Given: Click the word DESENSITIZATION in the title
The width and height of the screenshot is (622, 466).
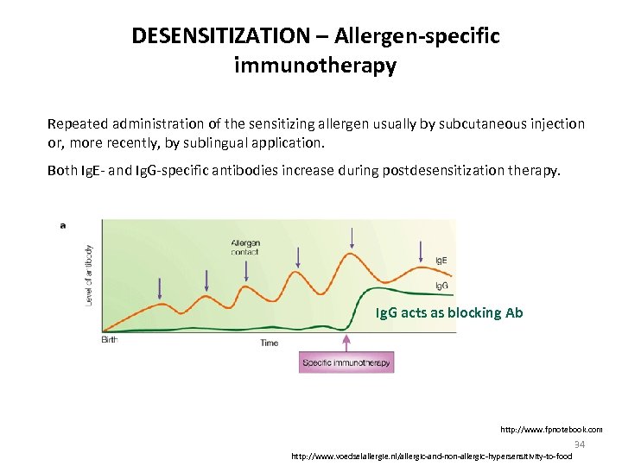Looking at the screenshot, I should point(220,36).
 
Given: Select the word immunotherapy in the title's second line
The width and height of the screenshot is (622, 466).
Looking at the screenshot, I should point(314,66).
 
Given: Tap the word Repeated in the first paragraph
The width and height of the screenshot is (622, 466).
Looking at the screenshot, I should point(79,124).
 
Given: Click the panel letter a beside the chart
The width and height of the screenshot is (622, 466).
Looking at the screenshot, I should point(63,225).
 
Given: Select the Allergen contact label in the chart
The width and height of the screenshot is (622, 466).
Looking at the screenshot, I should point(245,247).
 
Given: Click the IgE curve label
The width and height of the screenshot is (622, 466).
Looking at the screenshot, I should point(441,259).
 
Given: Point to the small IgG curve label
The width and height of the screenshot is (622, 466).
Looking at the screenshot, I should point(441,286).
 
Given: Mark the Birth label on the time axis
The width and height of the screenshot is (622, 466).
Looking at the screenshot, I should point(110,340).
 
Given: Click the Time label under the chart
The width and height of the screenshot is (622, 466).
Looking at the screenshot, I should point(270,343).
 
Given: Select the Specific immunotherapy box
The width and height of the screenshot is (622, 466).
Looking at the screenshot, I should point(346,362).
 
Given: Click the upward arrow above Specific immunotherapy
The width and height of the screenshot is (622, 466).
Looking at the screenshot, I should point(346,342).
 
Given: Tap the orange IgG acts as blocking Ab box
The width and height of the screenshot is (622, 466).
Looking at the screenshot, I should point(449,312).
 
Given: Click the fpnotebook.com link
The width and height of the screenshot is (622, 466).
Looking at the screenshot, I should point(551,429).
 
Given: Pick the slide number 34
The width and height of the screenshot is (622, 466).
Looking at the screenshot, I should point(580,444).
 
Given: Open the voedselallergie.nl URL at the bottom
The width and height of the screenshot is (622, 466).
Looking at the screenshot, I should point(432,455).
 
